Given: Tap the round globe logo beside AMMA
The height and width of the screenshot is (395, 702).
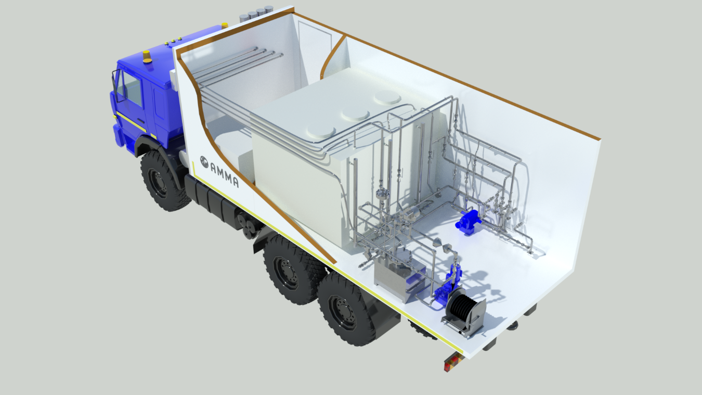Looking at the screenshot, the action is (204, 162).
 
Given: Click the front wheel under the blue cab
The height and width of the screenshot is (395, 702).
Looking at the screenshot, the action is (163, 181).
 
